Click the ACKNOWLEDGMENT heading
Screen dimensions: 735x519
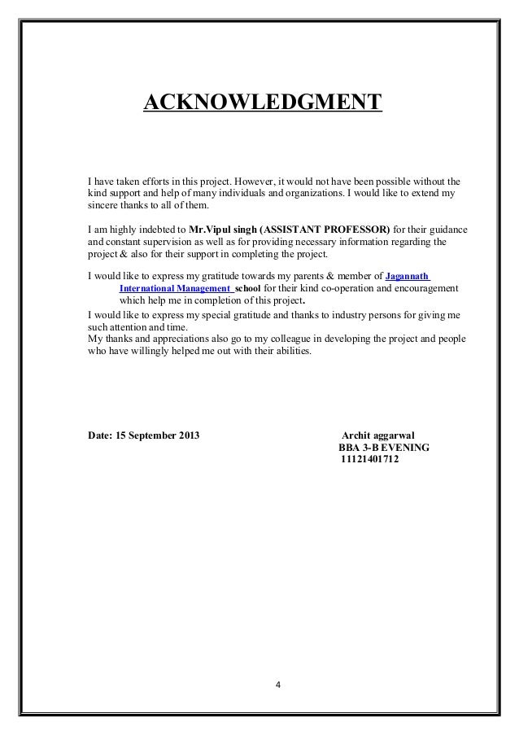pyautogui.click(x=262, y=103)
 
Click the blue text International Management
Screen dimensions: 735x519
pyautogui.click(x=175, y=288)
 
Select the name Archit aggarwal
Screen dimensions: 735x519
pyautogui.click(x=379, y=434)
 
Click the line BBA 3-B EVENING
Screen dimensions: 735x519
pyautogui.click(x=384, y=447)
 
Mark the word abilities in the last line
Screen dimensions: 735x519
pyautogui.click(x=290, y=352)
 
